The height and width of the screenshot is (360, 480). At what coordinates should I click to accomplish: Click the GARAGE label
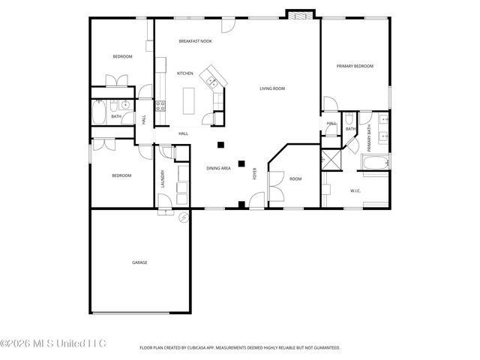click(139, 262)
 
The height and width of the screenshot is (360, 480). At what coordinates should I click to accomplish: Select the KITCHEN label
click(185, 73)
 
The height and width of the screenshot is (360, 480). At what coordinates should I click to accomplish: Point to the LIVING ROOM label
click(272, 88)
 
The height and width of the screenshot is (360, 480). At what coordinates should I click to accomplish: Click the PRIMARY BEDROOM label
click(355, 66)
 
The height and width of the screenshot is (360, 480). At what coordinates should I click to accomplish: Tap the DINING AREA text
click(218, 168)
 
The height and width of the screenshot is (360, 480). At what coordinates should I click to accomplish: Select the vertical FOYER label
click(255, 174)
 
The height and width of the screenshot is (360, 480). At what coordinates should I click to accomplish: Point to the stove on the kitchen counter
click(160, 107)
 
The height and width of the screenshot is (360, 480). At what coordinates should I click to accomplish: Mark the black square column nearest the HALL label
click(220, 144)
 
